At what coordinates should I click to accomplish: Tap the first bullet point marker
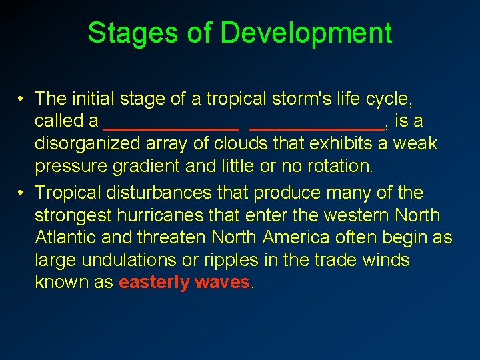coord(22,99)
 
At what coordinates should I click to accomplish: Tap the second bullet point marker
coord(22,193)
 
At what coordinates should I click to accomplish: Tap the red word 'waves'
coord(222,282)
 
